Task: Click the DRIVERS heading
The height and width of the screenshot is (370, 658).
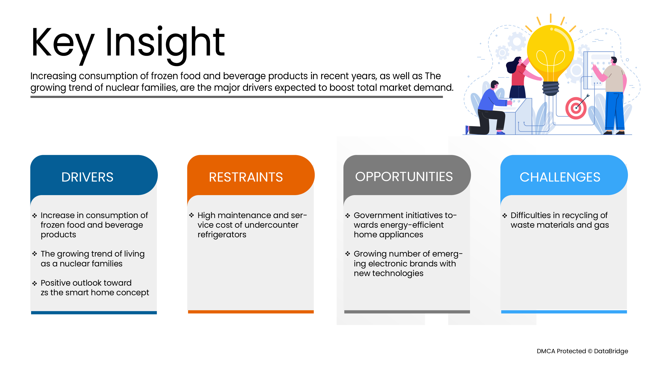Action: click(87, 177)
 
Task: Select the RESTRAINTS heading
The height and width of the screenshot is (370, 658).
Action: click(246, 177)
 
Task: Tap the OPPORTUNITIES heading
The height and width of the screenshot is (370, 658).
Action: click(404, 177)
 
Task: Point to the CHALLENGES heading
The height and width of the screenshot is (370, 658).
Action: click(560, 177)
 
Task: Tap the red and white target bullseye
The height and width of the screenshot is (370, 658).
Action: click(576, 108)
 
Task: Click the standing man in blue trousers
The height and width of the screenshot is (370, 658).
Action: click(612, 96)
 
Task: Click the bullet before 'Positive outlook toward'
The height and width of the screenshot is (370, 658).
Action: click(35, 283)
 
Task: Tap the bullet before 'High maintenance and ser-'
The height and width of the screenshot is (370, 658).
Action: click(191, 215)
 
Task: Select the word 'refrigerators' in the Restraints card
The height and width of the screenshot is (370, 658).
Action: click(222, 235)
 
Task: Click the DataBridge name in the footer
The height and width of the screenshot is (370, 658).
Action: click(611, 351)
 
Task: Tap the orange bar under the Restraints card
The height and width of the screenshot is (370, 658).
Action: click(251, 312)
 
